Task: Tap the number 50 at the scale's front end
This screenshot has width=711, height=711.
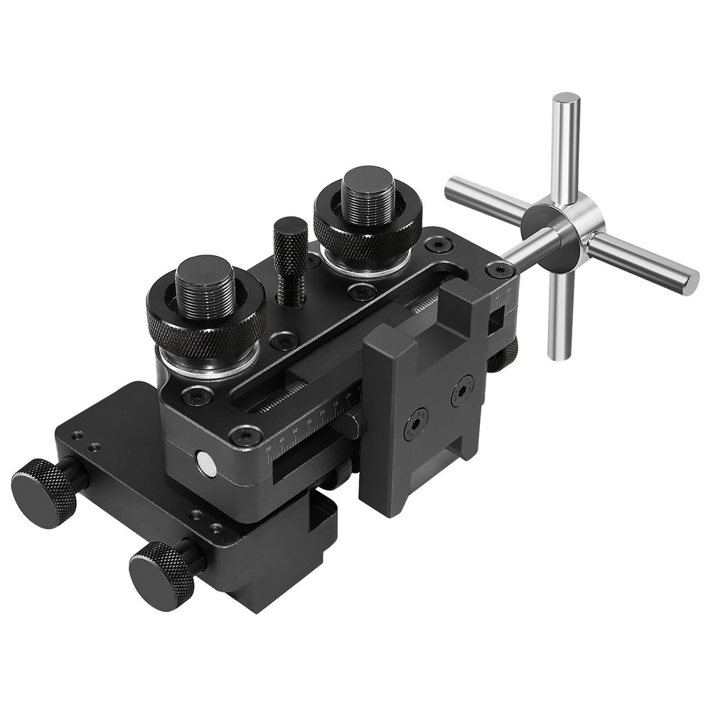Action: click(x=268, y=449)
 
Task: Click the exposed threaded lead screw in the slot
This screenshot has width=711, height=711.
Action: click(x=281, y=398)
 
